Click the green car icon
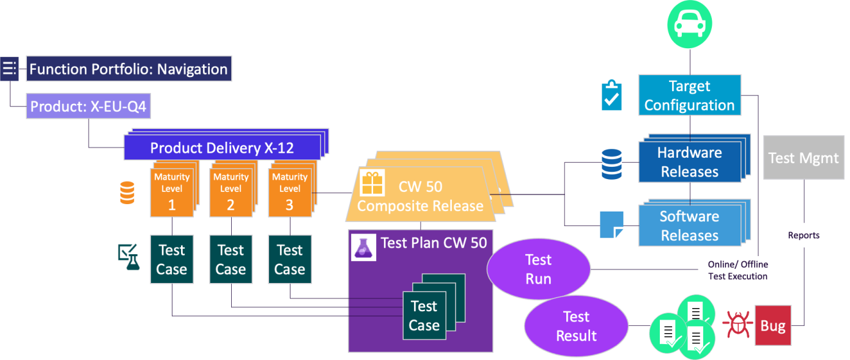(690, 24)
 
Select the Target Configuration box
(689, 95)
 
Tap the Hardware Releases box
(689, 162)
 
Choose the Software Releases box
(689, 226)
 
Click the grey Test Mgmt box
(804, 158)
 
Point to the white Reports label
(804, 235)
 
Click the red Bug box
(773, 326)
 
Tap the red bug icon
(736, 324)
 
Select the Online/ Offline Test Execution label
(738, 270)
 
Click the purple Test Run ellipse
(539, 270)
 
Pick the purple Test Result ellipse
(576, 326)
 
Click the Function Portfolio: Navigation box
(128, 69)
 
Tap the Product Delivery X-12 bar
(222, 148)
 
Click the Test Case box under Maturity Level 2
(231, 260)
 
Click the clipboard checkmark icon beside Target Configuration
(612, 95)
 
